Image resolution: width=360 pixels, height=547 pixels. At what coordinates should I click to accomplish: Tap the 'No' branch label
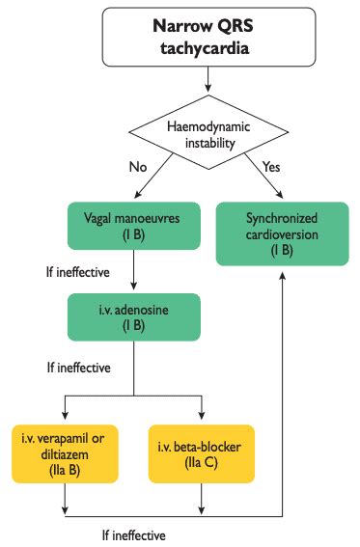pyautogui.click(x=138, y=165)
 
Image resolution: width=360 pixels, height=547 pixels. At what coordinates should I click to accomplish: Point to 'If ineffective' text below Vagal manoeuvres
pyautogui.click(x=70, y=273)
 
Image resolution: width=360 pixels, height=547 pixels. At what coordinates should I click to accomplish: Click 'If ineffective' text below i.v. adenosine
pyautogui.click(x=70, y=368)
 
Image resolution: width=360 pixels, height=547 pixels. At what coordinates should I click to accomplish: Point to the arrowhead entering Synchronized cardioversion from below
pyautogui.click(x=283, y=274)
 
